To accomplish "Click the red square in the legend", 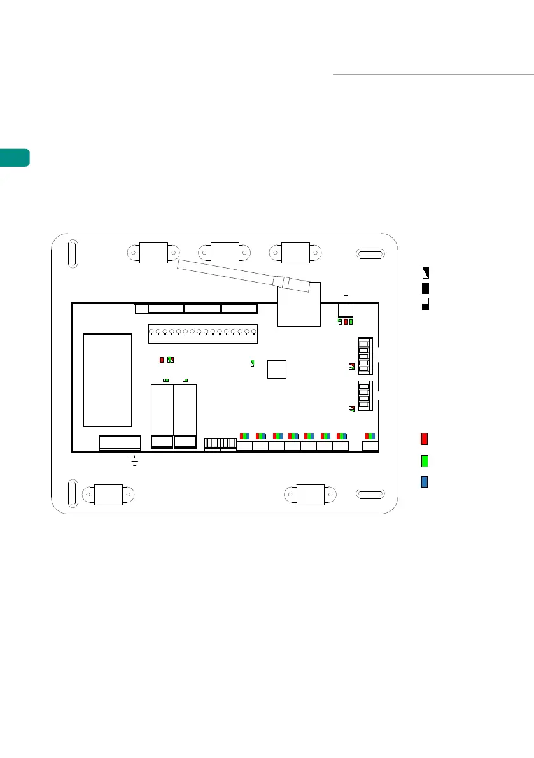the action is pos(424,439).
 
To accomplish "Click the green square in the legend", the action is pos(424,460).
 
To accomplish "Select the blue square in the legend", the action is pos(424,481).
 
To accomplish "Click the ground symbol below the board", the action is pos(134,460).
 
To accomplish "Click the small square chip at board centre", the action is pos(277,369).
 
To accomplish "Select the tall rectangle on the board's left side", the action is pos(107,380).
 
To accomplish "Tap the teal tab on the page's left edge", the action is pos(14,157).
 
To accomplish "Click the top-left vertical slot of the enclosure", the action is pos(73,252).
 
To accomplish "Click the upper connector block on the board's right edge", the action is pos(363,356).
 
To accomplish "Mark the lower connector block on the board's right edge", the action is pos(363,398).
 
